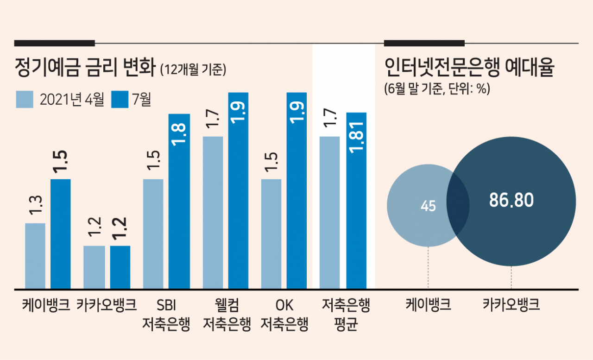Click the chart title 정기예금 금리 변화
pyautogui.click(x=85, y=68)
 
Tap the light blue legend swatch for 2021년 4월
pyautogui.click(x=25, y=99)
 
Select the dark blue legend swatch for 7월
pyautogui.click(x=120, y=99)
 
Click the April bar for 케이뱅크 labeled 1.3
pyautogui.click(x=35, y=256)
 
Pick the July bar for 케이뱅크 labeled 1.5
pyautogui.click(x=61, y=234)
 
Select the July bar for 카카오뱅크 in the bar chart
pyautogui.click(x=120, y=267)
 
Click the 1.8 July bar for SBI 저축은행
pyautogui.click(x=179, y=202)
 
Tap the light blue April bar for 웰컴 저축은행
pyautogui.click(x=213, y=213)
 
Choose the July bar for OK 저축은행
pyautogui.click(x=296, y=190)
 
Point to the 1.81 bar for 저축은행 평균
pyautogui.click(x=356, y=201)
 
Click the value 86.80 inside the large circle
pyautogui.click(x=511, y=200)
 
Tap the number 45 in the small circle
pyautogui.click(x=428, y=206)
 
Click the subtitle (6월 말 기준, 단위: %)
pyautogui.click(x=437, y=88)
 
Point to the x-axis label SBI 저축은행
pyautogui.click(x=166, y=315)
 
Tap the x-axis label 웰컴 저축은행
pyautogui.click(x=227, y=315)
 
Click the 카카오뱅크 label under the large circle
pyautogui.click(x=511, y=304)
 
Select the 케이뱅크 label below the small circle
pyautogui.click(x=428, y=304)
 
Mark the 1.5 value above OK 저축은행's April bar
pyautogui.click(x=271, y=162)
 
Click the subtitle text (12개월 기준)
pyautogui.click(x=193, y=69)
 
